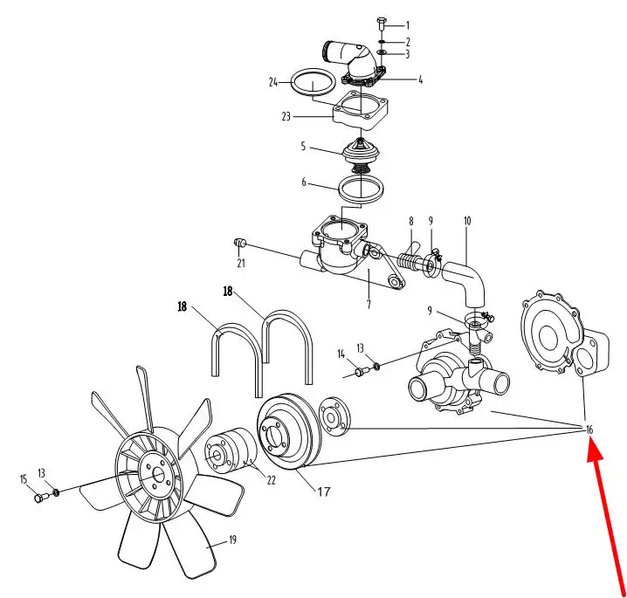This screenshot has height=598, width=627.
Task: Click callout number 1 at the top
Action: pos(407,26)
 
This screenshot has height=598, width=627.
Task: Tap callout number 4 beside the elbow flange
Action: pos(420,79)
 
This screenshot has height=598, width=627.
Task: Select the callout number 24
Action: pos(273,83)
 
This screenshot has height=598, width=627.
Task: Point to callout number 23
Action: pos(285,115)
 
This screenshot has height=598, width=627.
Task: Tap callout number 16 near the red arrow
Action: pos(589,430)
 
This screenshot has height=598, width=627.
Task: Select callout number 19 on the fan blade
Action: pos(232,540)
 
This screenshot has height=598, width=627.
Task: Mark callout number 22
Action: pos(271,480)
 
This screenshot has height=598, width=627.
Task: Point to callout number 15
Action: pos(24,478)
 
